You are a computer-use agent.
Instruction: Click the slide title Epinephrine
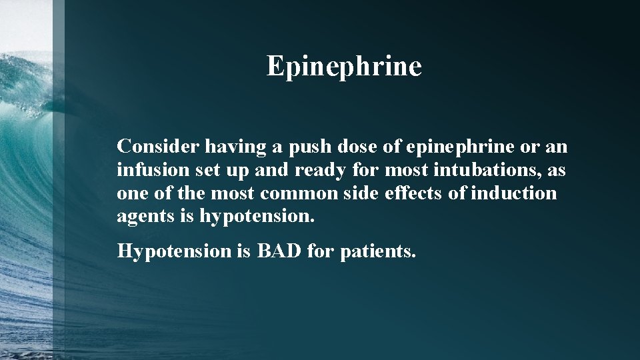pyautogui.click(x=344, y=67)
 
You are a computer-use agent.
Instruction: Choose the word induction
pyautogui.click(x=513, y=193)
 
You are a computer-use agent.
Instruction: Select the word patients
pyautogui.click(x=378, y=251)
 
